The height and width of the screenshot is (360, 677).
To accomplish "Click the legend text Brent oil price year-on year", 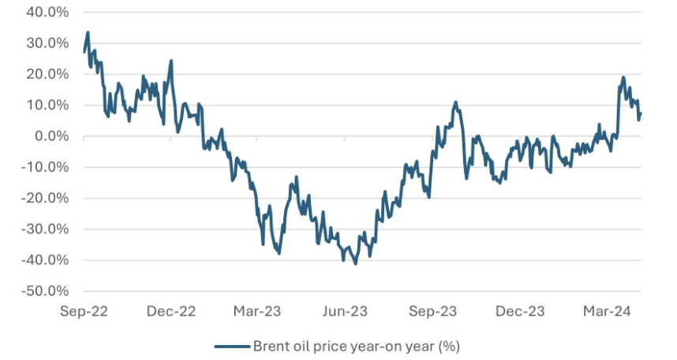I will [x=356, y=346].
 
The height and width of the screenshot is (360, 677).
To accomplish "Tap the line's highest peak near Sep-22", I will [x=88, y=32].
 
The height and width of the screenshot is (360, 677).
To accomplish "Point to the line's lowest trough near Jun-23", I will [x=356, y=264].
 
